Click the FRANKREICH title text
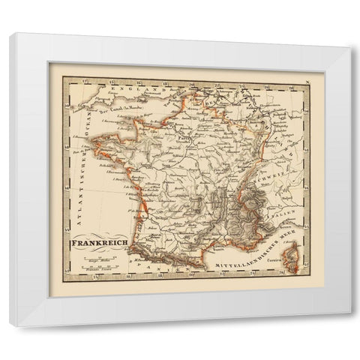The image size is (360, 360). point(100,244)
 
